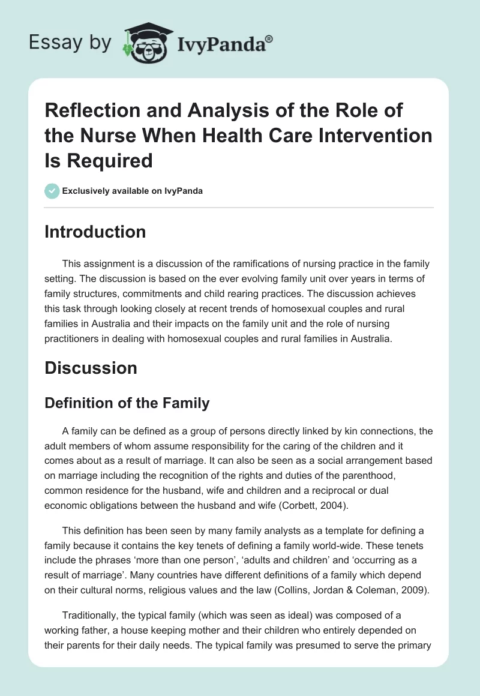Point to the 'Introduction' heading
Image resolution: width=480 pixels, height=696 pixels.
(x=95, y=232)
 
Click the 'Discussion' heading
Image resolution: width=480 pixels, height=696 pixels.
(x=91, y=367)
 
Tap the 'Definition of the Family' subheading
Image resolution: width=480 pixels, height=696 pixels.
(x=127, y=403)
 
